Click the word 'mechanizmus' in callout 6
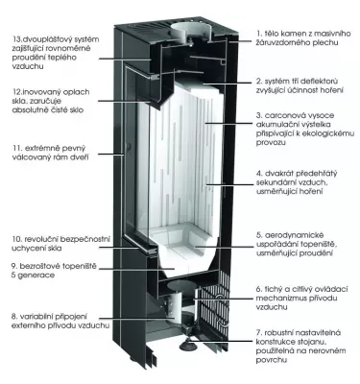[x=284, y=297]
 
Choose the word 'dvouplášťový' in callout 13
[x=42, y=36]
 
